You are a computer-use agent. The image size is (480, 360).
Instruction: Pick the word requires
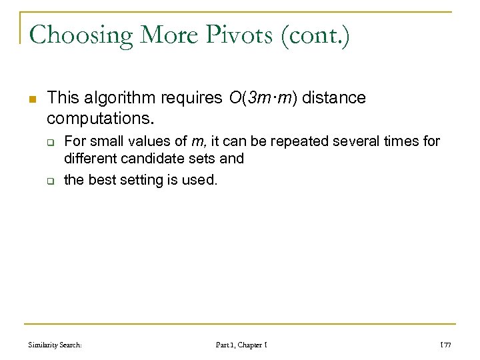tap(189, 99)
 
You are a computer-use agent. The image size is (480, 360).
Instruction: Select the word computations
tap(101, 119)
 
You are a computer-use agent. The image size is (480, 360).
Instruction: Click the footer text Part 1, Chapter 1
tap(241, 345)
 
